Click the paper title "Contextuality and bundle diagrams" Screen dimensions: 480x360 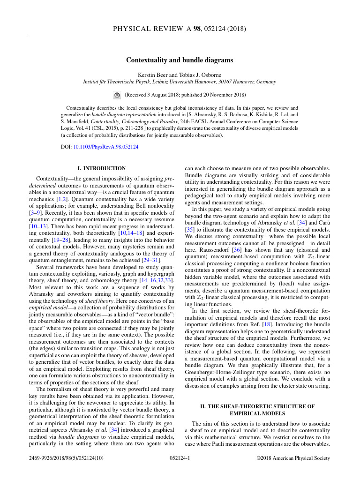point(180,60)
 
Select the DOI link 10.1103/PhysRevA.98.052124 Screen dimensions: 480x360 point(106,147)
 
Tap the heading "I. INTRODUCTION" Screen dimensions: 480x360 point(101,168)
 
